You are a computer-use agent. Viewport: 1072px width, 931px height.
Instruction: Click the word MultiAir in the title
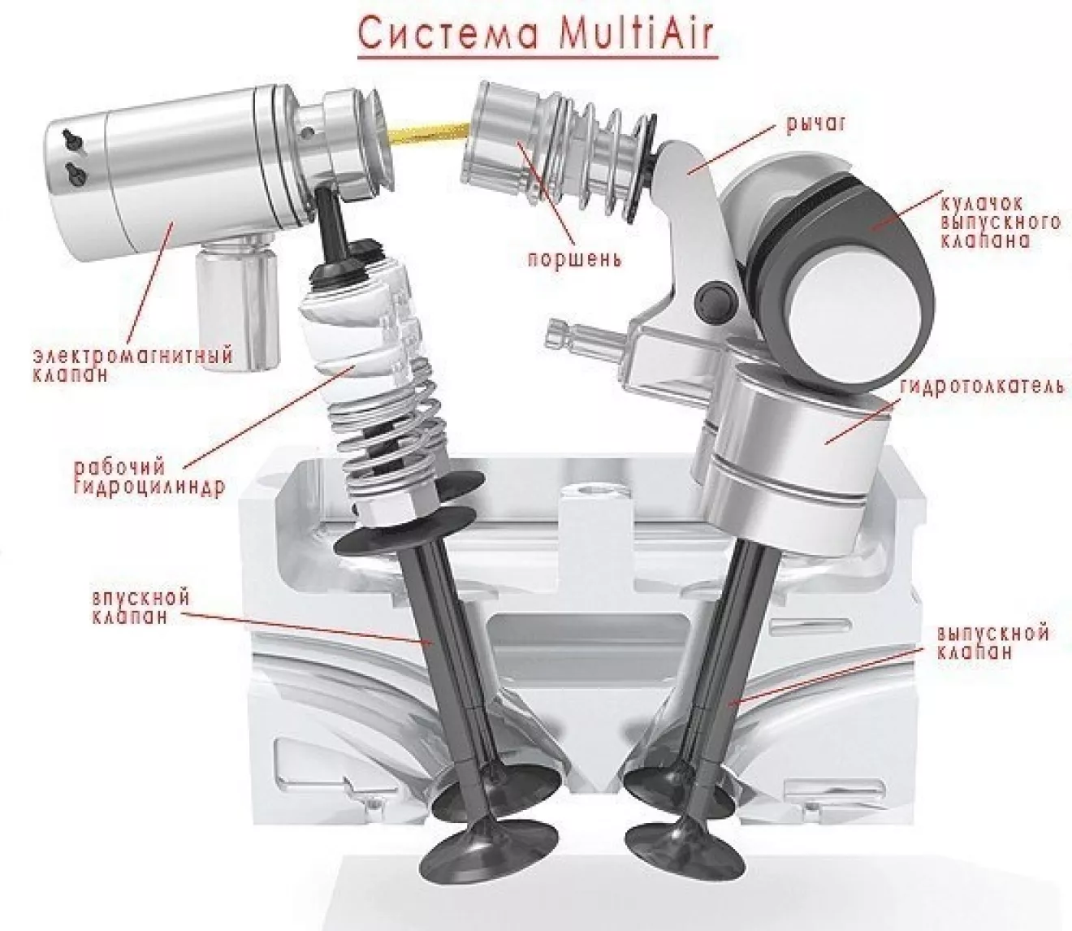pyautogui.click(x=629, y=35)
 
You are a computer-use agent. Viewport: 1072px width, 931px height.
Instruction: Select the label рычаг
pyautogui.click(x=815, y=124)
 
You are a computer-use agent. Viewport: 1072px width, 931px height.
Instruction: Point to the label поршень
pyautogui.click(x=573, y=259)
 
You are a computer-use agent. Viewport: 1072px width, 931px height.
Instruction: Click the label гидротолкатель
pyautogui.click(x=983, y=387)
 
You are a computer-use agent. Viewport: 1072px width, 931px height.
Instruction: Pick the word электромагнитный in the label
pyautogui.click(x=132, y=356)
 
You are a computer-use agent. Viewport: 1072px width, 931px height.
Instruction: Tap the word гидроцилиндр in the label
pyautogui.click(x=149, y=487)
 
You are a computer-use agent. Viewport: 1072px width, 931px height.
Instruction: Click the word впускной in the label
pyautogui.click(x=140, y=598)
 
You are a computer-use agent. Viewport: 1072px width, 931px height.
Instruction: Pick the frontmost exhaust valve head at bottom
pyautogui.click(x=686, y=842)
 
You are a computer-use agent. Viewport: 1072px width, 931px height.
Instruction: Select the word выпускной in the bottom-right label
pyautogui.click(x=992, y=634)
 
